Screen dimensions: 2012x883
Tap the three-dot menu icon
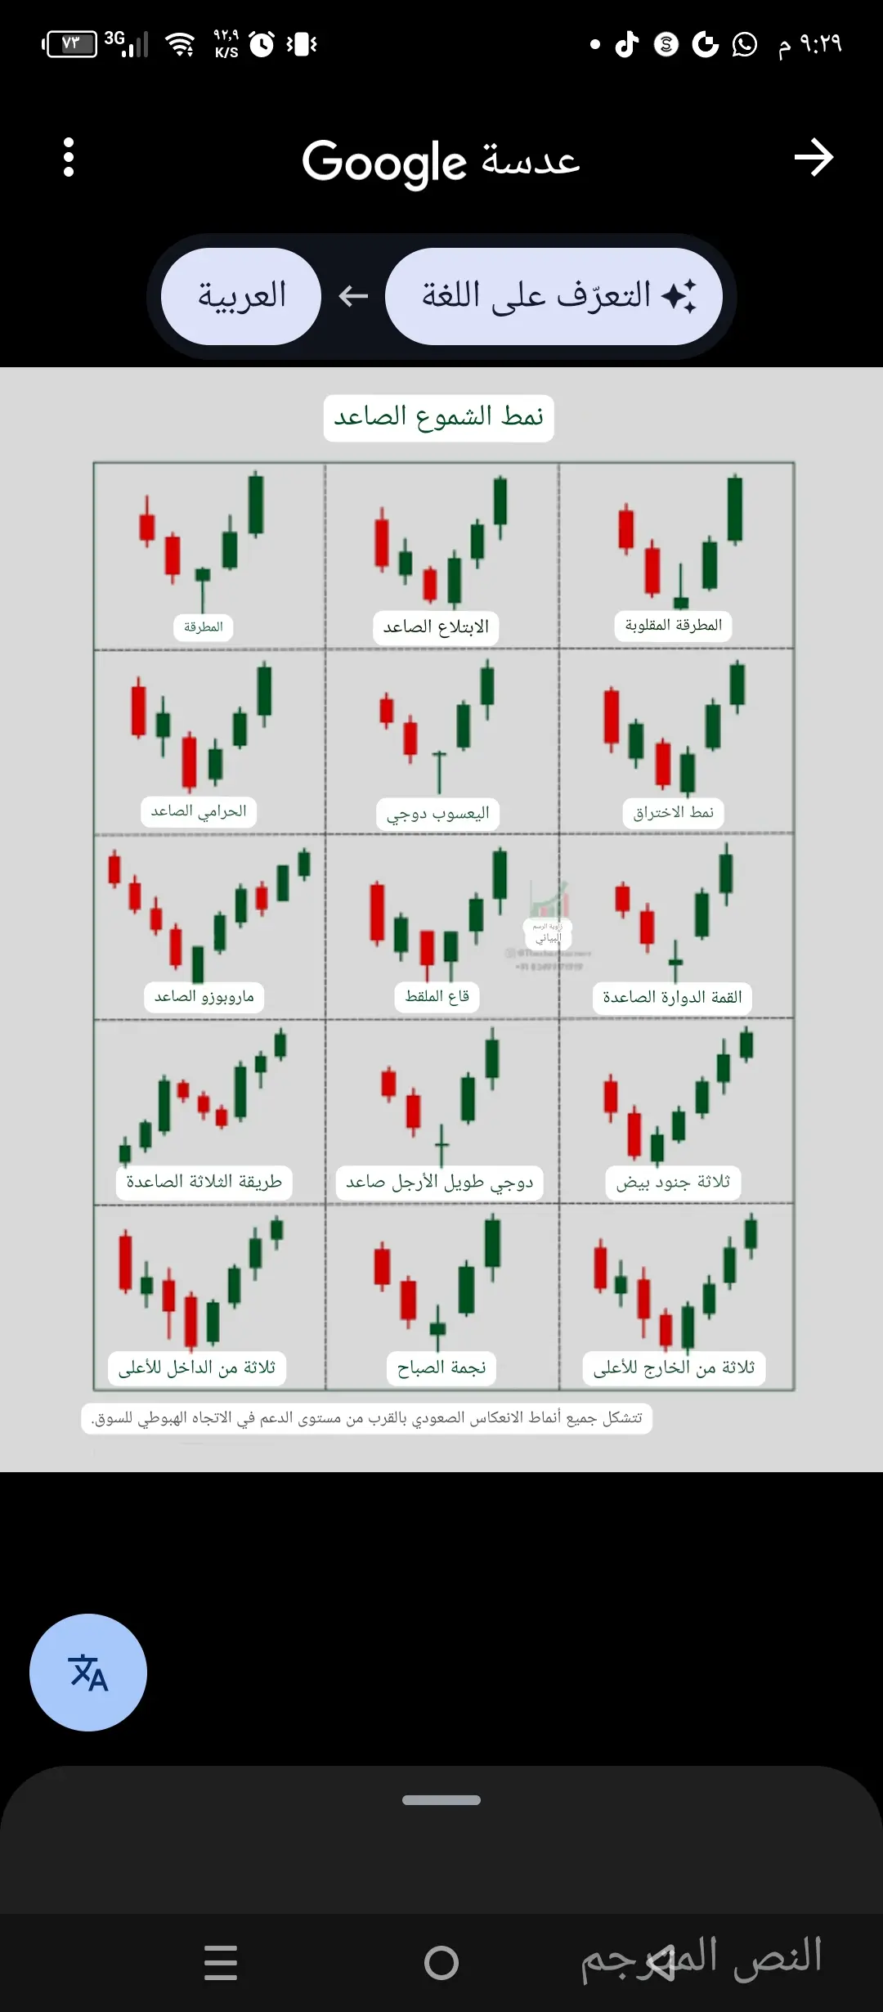coord(69,157)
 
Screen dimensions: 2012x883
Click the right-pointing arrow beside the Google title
coord(814,157)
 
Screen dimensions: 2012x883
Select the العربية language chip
coord(241,296)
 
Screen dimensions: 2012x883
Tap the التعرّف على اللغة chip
coord(554,296)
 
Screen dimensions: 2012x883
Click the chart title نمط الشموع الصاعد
coord(438,418)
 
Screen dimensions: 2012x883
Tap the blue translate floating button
coord(88,1672)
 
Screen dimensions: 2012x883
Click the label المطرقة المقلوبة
coord(673,626)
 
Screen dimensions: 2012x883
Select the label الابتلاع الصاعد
coord(436,627)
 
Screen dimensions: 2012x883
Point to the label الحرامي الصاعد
coord(199,811)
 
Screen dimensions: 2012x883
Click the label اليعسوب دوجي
coord(437,814)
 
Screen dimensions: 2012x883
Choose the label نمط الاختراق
coord(673,813)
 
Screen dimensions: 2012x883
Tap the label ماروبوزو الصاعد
coord(204,997)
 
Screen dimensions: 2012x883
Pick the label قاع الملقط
coord(437,996)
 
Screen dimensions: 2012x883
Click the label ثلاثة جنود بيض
coord(673,1183)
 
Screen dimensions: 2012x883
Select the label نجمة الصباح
coord(441,1368)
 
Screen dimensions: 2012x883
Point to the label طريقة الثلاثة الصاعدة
coord(204,1183)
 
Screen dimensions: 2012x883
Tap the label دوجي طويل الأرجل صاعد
coord(439,1183)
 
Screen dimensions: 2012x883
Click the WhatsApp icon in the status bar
coord(744,44)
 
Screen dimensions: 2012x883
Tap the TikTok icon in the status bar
coord(626,44)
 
